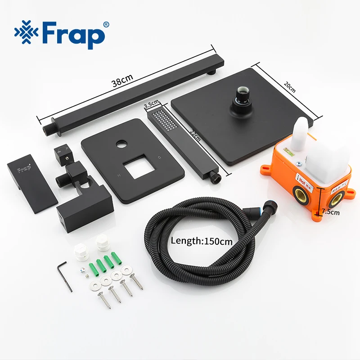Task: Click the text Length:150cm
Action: [x=202, y=241]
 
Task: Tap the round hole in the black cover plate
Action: [x=121, y=145]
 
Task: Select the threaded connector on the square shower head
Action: [x=237, y=95]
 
